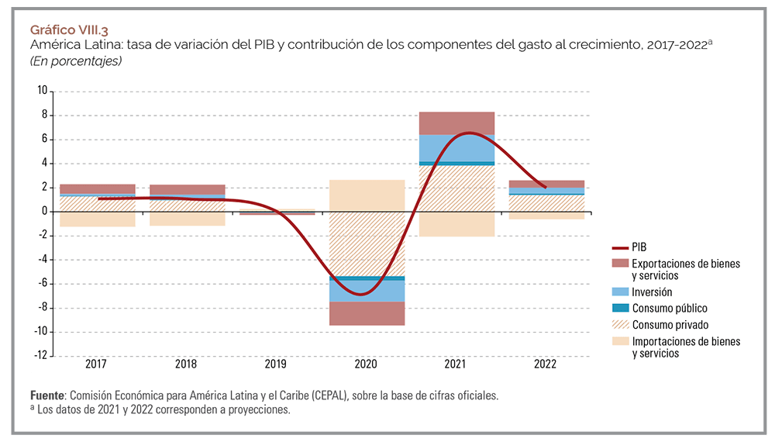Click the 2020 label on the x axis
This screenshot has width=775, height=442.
pos(367,364)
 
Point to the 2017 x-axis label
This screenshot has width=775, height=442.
pos(97,364)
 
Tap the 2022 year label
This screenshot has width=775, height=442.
pos(547,364)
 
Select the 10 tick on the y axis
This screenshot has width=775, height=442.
pos(43,92)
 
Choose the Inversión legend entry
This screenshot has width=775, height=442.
pos(652,292)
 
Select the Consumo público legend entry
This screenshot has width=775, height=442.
pos(670,309)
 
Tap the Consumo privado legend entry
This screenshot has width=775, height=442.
pos(670,325)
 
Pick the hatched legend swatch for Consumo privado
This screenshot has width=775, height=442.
pos(618,325)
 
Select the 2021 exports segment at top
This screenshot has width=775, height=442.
pos(457,123)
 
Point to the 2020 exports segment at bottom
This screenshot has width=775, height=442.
pos(367,313)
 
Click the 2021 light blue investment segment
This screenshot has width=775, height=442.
pos(457,147)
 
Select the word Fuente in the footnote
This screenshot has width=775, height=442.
pos(48,395)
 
